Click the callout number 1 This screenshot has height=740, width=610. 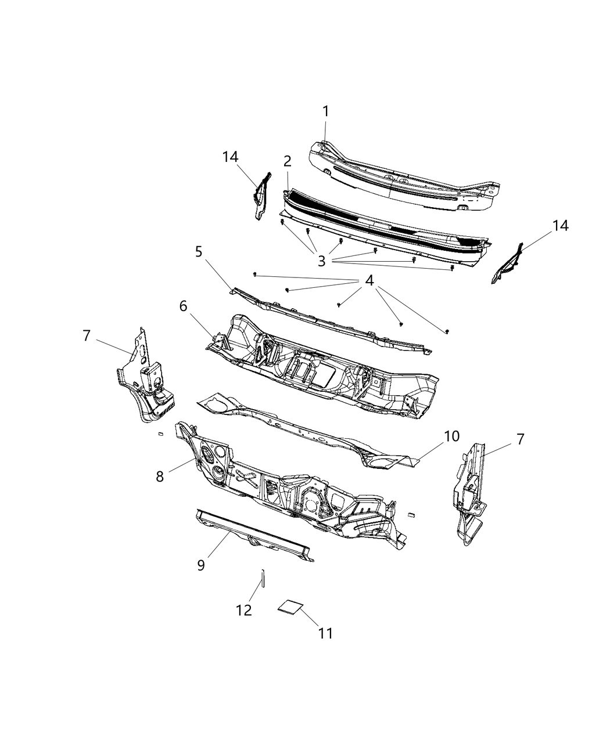(x=326, y=111)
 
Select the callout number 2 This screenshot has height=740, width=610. (x=287, y=161)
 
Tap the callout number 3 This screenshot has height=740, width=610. (x=321, y=261)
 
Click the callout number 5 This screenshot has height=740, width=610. (x=199, y=251)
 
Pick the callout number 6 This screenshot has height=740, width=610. (x=184, y=305)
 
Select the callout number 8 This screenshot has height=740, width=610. (x=160, y=476)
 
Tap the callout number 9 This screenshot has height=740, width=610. (x=201, y=565)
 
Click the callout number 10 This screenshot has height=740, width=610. (x=452, y=436)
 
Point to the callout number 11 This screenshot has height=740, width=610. (x=325, y=633)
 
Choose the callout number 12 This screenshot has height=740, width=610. (x=244, y=610)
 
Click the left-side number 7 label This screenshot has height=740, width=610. (x=87, y=335)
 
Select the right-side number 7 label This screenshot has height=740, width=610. (x=520, y=439)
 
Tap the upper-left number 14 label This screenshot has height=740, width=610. (x=230, y=157)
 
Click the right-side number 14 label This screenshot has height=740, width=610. (x=560, y=226)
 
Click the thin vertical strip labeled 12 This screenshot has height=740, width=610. (x=262, y=579)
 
